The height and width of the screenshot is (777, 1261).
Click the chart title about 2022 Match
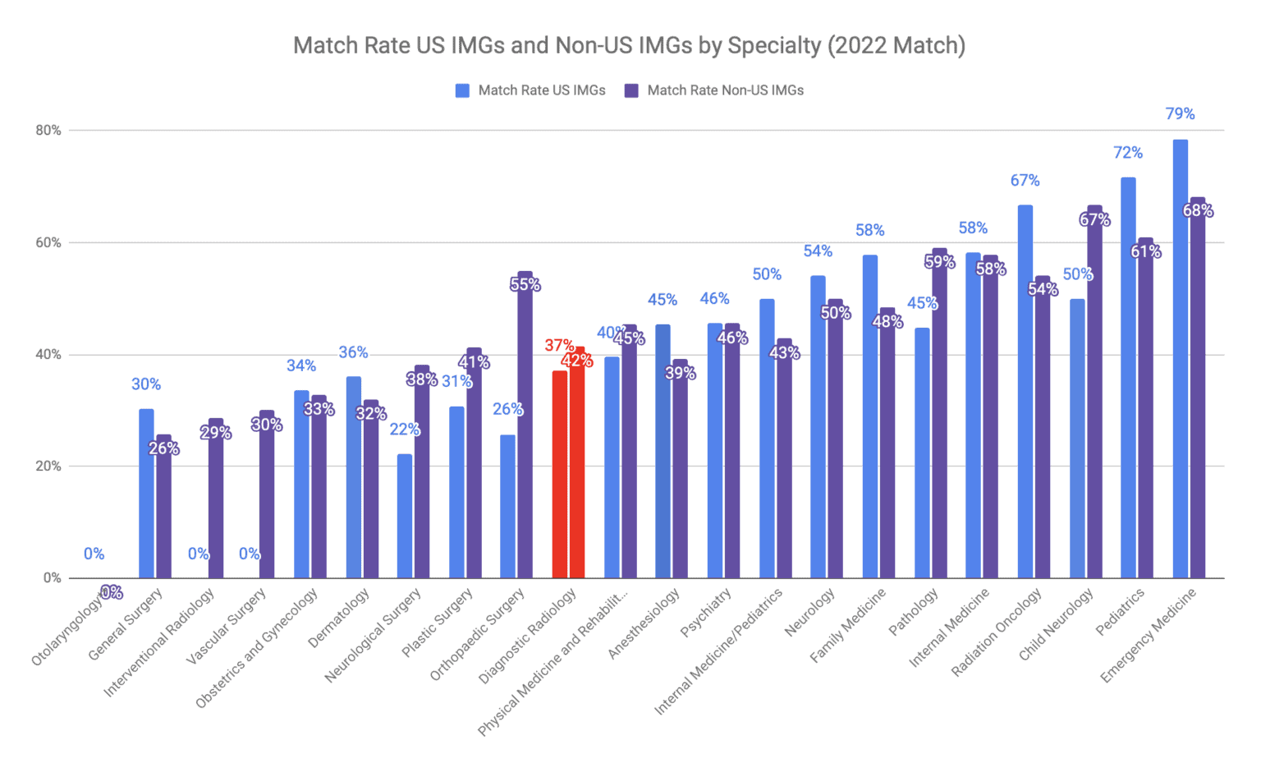coord(629,45)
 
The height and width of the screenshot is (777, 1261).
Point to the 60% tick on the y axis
coord(48,242)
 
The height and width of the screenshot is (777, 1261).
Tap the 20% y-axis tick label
coord(48,467)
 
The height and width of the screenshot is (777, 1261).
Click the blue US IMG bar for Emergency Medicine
coord(1180,361)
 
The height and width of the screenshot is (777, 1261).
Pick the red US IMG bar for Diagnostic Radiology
coord(560,476)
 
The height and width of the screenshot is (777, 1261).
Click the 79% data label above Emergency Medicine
coord(1180,114)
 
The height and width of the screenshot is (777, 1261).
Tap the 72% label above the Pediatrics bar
coord(1127,153)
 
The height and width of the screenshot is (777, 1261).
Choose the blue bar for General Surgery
coord(146,493)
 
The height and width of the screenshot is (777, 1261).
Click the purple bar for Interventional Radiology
coord(216,501)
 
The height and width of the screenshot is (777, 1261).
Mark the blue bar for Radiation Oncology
coord(1025,394)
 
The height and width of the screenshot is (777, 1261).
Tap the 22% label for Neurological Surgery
coord(404,430)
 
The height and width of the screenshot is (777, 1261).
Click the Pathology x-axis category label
coord(914,613)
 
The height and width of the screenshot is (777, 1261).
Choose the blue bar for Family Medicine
coord(870,419)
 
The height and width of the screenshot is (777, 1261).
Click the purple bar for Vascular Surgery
coord(267,497)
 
